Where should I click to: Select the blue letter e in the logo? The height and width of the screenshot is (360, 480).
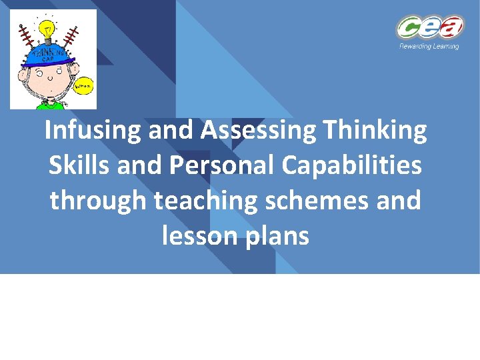pos(429,29)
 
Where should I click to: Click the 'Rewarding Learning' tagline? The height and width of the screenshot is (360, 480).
pos(429,47)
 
